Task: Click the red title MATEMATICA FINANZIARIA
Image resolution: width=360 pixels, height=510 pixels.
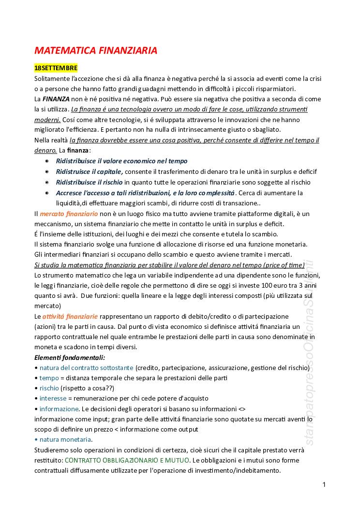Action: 96,50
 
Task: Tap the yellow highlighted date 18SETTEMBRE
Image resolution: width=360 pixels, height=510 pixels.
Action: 56,68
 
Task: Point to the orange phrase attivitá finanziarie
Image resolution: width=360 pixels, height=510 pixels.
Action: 69,316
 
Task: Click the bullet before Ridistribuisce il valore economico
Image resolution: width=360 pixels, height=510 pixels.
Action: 47,161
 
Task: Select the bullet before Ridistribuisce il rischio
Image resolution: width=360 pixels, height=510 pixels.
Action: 47,182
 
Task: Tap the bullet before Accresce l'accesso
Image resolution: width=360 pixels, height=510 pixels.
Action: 47,193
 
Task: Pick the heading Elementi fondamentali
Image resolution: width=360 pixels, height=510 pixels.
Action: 70,357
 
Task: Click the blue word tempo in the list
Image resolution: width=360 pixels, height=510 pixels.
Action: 49,378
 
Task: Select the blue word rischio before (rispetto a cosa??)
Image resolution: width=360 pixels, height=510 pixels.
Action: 49,388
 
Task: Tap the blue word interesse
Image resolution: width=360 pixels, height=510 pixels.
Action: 53,398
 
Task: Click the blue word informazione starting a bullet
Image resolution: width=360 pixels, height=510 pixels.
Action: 59,409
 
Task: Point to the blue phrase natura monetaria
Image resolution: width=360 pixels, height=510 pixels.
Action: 65,439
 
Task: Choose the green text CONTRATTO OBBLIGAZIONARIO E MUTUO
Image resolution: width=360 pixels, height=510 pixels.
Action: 127,460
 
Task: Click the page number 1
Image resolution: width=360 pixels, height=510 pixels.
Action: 324,485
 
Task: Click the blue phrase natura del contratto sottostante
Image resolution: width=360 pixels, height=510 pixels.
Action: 87,368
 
